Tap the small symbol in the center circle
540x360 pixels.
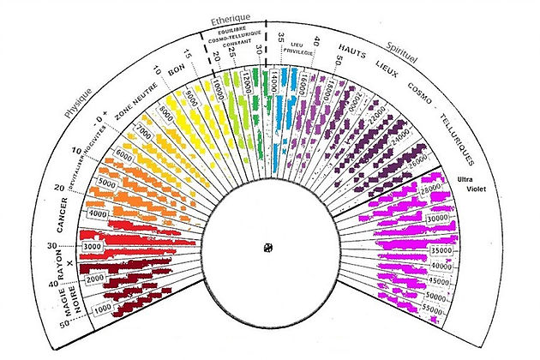(x=269, y=248)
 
